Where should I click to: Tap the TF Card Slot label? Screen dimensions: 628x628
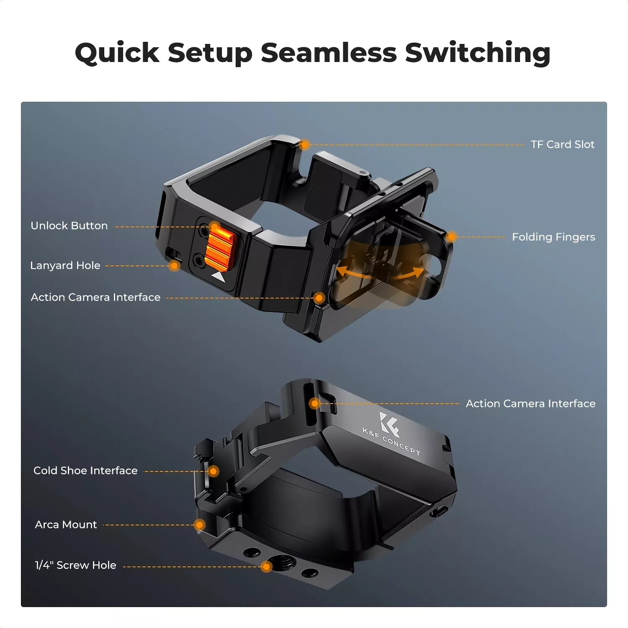562,144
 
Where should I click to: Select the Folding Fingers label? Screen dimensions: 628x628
553,237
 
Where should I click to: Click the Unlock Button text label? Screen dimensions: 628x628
69,226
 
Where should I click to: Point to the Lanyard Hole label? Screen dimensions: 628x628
65,265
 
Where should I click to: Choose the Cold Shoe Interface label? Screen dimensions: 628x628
85,471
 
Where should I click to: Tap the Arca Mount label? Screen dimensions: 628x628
66,525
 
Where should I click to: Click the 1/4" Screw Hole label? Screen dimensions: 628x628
75,565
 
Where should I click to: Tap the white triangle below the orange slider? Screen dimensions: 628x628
219,277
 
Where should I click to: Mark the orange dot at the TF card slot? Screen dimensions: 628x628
305,145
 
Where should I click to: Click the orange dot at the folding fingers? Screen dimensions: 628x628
451,237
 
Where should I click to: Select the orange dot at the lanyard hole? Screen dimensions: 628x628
175,265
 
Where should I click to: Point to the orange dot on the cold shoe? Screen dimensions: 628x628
214,471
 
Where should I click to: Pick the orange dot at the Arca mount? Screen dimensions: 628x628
200,525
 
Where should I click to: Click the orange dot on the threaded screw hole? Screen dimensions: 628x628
266,566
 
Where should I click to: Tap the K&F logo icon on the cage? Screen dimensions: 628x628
389,424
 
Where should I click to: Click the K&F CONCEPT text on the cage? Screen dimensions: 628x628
391,442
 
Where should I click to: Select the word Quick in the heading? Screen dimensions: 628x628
117,53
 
